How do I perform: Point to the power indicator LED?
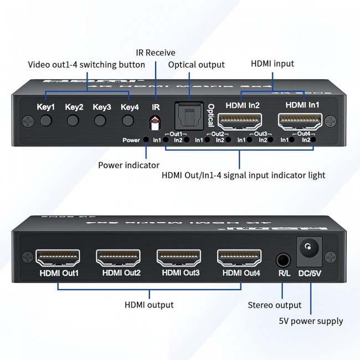[146, 140]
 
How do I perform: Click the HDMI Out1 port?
[58, 257]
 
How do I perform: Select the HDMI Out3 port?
[179, 257]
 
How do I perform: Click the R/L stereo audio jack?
[284, 259]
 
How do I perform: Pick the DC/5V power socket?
[310, 249]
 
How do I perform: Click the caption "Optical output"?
[197, 65]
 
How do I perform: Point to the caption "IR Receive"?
[156, 53]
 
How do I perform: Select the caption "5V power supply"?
[311, 321]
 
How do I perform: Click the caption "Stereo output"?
[275, 305]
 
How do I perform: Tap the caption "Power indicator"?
[129, 165]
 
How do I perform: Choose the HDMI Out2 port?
[119, 257]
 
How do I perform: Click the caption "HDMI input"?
[272, 64]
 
